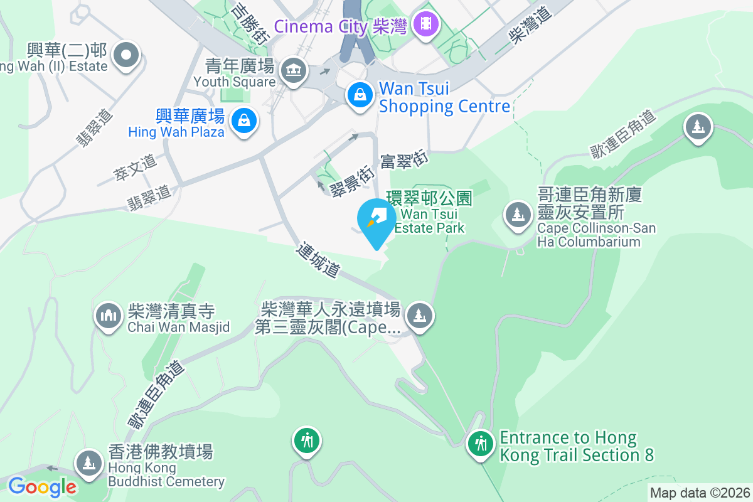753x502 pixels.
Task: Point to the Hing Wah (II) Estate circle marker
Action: tap(126, 55)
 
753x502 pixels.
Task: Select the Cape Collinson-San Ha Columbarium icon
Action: tap(518, 215)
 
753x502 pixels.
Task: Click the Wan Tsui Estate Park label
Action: tap(430, 213)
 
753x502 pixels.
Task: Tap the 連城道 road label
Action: tap(319, 260)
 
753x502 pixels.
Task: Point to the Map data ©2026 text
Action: tap(699, 493)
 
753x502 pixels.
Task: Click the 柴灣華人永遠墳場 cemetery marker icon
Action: tap(419, 315)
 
